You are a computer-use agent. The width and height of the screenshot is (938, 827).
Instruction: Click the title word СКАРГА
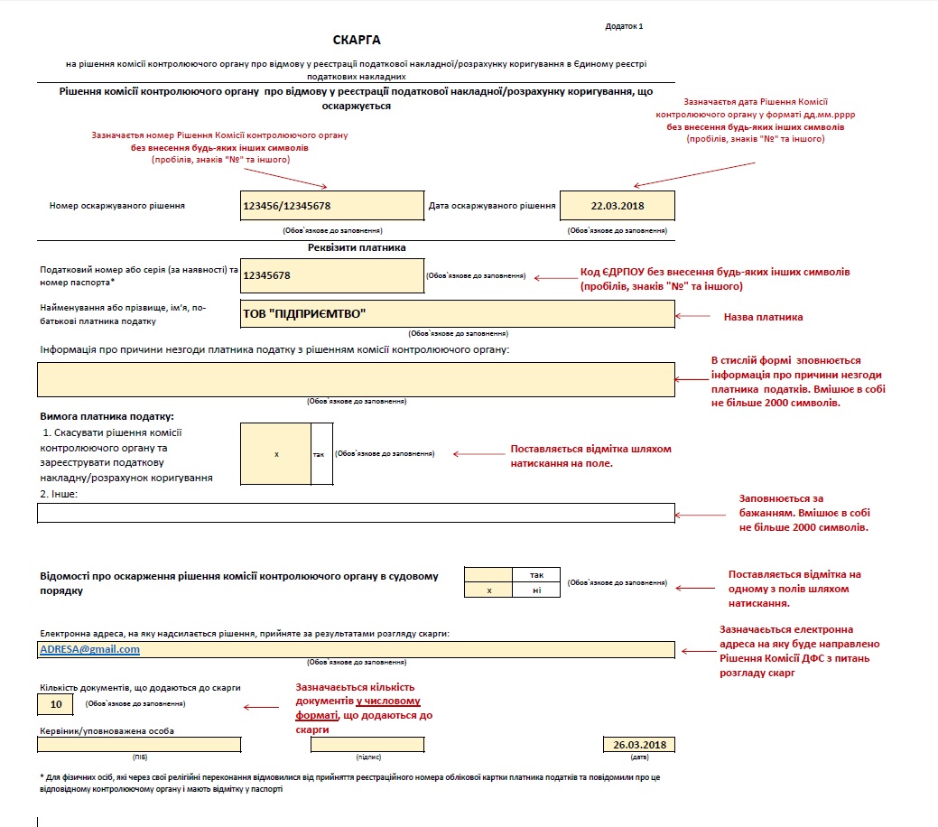tap(357, 40)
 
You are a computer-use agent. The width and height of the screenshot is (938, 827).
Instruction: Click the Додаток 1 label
tap(624, 26)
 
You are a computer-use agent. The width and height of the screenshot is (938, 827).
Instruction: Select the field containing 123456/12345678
tap(332, 206)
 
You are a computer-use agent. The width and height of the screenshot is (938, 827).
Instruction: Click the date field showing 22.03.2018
tap(618, 206)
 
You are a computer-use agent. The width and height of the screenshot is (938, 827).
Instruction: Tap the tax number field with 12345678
tap(332, 276)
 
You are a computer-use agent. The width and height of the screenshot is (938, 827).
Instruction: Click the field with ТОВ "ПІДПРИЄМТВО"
tap(458, 313)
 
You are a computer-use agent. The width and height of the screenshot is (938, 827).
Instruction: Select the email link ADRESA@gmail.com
tap(89, 649)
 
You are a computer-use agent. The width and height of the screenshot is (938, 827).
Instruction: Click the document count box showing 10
tap(56, 704)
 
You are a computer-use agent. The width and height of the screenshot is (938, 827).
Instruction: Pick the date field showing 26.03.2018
tap(639, 745)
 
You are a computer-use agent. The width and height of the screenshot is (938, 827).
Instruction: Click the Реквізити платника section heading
tap(357, 247)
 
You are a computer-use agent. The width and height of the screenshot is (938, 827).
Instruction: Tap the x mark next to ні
tap(488, 590)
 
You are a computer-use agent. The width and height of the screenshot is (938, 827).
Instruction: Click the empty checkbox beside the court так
tap(488, 575)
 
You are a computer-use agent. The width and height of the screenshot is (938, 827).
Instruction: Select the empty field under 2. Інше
tap(356, 513)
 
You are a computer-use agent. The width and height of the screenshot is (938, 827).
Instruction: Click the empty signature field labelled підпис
tap(367, 745)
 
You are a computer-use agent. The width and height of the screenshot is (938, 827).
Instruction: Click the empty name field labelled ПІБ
tap(139, 745)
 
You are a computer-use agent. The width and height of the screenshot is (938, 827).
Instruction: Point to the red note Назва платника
tap(764, 317)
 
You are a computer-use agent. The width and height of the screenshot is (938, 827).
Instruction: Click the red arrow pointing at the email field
tap(698, 651)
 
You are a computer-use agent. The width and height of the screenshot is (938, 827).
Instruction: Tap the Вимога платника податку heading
tap(107, 416)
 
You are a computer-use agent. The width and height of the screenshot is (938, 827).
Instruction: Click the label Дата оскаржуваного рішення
tap(492, 206)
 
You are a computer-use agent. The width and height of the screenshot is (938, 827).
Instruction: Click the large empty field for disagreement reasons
tap(356, 379)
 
